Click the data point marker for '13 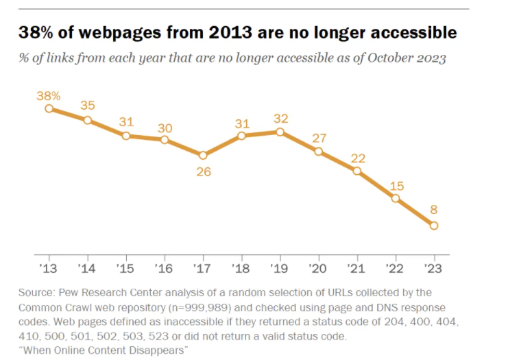[x=49, y=108]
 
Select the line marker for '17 [x=203, y=155]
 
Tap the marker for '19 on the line [x=280, y=132]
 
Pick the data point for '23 [x=434, y=225]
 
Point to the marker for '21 [x=357, y=170]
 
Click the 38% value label [x=49, y=94]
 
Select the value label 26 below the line [x=203, y=171]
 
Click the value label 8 [x=434, y=211]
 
